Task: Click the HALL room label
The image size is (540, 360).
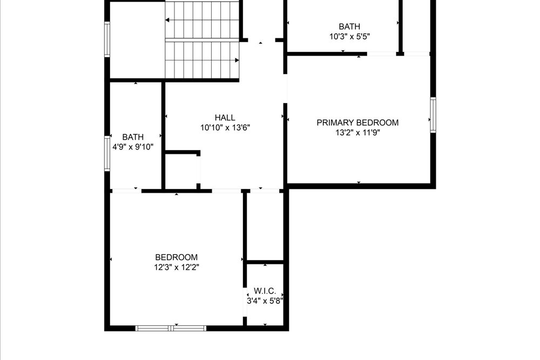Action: click(225, 117)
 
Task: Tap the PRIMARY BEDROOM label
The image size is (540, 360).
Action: click(357, 123)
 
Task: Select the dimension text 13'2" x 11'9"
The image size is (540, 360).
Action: click(357, 133)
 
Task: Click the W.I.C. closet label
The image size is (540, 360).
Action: click(265, 291)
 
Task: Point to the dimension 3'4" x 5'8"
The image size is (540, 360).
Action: click(265, 301)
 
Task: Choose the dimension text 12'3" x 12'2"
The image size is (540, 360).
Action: click(177, 267)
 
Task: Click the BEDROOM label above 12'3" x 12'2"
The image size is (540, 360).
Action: click(177, 257)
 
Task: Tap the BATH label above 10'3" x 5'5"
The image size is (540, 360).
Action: click(349, 26)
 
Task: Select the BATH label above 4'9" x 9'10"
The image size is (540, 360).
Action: click(133, 137)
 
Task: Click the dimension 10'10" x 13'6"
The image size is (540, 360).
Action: click(225, 128)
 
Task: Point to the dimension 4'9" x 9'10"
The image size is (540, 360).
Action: click(133, 147)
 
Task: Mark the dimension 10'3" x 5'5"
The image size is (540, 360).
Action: click(349, 37)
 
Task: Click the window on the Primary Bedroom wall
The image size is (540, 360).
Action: click(433, 114)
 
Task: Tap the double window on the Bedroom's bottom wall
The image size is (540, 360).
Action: click(171, 328)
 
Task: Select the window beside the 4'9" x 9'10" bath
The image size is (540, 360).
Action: click(107, 153)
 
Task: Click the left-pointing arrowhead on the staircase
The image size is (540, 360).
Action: click(167, 21)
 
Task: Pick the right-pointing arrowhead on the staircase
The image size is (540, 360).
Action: click(237, 60)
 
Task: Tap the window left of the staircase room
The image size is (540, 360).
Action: click(107, 39)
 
